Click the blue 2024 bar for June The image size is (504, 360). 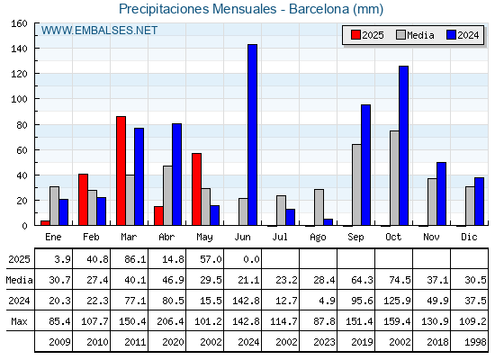pyautogui.click(x=252, y=135)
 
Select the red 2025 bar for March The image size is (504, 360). pyautogui.click(x=121, y=171)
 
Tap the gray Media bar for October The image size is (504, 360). pyautogui.click(x=394, y=178)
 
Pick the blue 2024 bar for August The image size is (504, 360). pyautogui.click(x=328, y=222)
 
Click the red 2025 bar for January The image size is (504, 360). pyautogui.click(x=45, y=223)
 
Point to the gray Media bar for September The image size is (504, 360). pyautogui.click(x=356, y=184)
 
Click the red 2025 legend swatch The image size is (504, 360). pyautogui.click(x=355, y=35)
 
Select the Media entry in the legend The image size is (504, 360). pyautogui.click(x=415, y=35)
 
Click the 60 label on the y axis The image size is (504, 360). pyautogui.click(x=22, y=150)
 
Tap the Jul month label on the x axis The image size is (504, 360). pyautogui.click(x=280, y=237)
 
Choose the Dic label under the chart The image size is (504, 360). pyautogui.click(x=469, y=237)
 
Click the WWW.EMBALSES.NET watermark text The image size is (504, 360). pyautogui.click(x=99, y=31)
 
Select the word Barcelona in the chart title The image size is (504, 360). pyautogui.click(x=319, y=9)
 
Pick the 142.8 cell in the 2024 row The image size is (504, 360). pyautogui.click(x=247, y=301)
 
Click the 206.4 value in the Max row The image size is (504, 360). pyautogui.click(x=170, y=321)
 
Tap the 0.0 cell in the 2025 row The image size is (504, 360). pyautogui.click(x=251, y=259)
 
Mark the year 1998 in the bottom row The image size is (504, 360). pyautogui.click(x=475, y=342)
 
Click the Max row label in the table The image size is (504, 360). pyautogui.click(x=19, y=321)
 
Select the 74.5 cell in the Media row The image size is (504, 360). pyautogui.click(x=400, y=280)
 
